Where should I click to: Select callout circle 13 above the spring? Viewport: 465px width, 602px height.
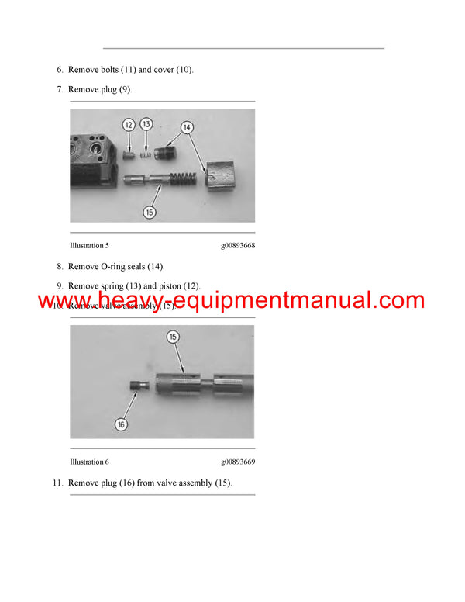click(x=146, y=124)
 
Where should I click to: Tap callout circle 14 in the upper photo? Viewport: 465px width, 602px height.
click(x=187, y=126)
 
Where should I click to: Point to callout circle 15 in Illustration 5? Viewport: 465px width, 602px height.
click(x=150, y=211)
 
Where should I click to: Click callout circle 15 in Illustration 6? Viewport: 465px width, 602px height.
click(x=173, y=337)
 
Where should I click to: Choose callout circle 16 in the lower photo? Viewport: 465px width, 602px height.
click(x=121, y=424)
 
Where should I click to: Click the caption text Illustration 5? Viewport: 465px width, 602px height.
click(x=87, y=246)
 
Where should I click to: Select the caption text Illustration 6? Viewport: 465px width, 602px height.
click(x=87, y=462)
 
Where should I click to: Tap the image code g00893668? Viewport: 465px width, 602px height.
click(x=237, y=246)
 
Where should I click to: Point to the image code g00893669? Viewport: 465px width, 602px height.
click(x=237, y=462)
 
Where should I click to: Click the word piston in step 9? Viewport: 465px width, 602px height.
click(x=172, y=286)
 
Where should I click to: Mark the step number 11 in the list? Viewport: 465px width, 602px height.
click(x=57, y=483)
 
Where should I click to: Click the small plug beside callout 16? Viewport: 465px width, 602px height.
click(x=139, y=386)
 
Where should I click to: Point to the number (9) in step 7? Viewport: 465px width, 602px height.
click(x=125, y=90)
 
